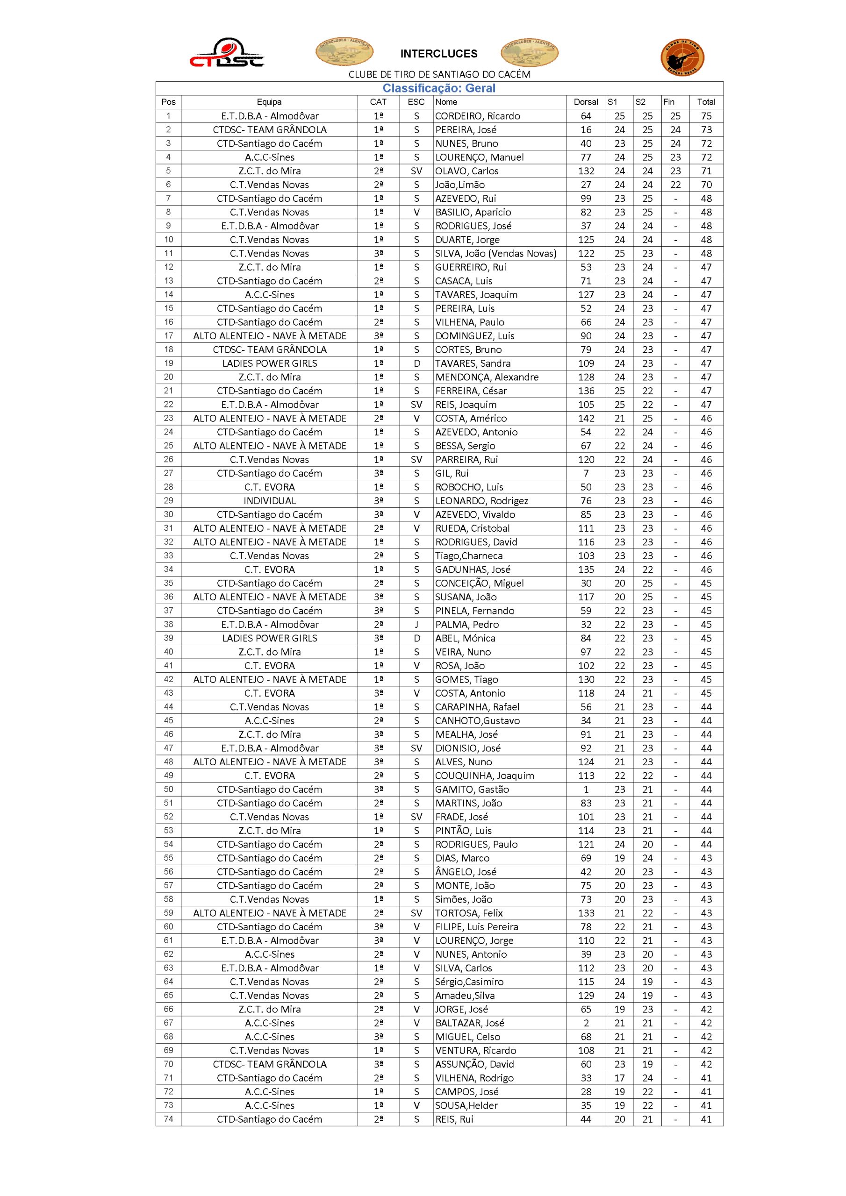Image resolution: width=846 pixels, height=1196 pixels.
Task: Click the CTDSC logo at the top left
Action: coord(226,53)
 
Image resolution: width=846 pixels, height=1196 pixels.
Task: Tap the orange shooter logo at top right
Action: coord(682,57)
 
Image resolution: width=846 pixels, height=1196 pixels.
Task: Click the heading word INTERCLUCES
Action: coord(438,54)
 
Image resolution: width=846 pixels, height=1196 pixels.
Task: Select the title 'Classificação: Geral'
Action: coord(439,89)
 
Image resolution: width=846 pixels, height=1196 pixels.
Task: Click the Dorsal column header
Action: coord(586,102)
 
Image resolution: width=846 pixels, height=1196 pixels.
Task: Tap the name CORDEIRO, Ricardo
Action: coord(478,116)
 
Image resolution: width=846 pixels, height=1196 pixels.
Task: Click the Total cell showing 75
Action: coord(706,116)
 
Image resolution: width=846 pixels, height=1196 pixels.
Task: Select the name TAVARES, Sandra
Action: coord(473,363)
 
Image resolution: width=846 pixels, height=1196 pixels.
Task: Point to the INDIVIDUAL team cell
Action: coord(270,501)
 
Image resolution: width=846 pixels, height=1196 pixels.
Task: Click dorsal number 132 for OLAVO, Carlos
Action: coord(586,171)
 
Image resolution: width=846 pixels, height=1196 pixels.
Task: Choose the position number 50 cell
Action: coord(168,789)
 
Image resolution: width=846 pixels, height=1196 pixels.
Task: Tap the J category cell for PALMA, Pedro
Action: coord(416,625)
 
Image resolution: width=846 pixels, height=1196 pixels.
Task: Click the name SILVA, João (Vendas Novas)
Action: coord(496,254)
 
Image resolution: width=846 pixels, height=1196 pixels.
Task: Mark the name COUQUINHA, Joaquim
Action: coord(484,776)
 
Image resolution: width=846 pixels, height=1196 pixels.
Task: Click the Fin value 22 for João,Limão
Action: coord(675,185)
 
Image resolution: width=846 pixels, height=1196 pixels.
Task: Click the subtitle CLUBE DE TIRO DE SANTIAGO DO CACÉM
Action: coord(439,74)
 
